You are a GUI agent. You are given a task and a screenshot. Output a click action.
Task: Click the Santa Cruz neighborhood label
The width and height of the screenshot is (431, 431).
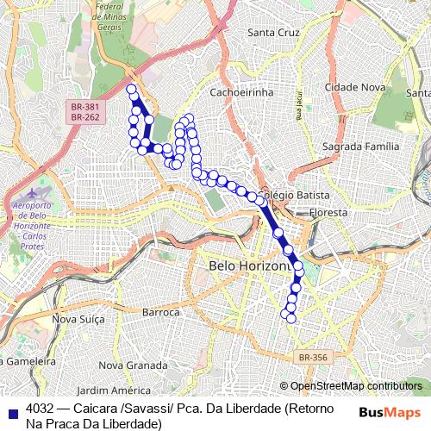pyautogui.click(x=272, y=33)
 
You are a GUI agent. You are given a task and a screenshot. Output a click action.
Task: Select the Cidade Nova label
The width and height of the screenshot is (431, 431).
pyautogui.click(x=355, y=88)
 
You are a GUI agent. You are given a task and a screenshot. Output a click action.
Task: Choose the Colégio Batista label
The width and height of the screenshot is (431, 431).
pyautogui.click(x=294, y=196)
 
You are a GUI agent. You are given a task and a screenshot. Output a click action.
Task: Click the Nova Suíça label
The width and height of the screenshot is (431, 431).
pyautogui.click(x=78, y=319)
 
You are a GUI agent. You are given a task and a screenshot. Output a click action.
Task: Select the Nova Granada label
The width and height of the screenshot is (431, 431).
pyautogui.click(x=127, y=365)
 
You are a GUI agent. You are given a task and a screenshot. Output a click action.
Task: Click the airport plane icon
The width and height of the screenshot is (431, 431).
pyautogui.click(x=34, y=191)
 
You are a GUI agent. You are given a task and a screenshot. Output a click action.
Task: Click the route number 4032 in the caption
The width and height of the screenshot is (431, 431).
pyautogui.click(x=41, y=409)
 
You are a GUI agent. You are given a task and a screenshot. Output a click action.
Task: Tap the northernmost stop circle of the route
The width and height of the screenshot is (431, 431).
pyautogui.click(x=131, y=89)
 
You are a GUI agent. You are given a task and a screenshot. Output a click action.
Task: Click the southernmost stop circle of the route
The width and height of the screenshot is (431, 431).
pyautogui.click(x=290, y=318)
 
